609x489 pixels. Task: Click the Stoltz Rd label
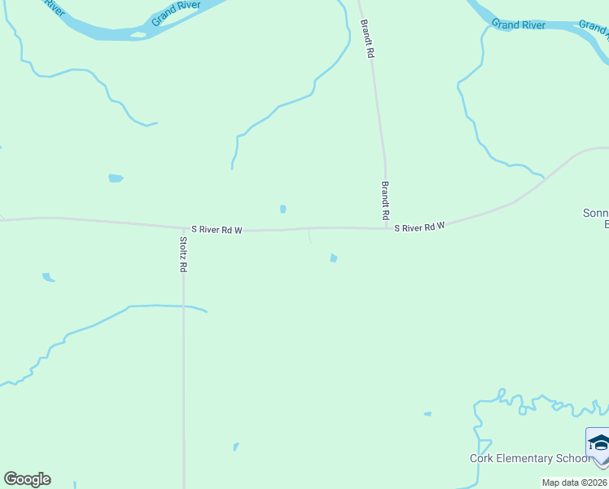pos(183,254)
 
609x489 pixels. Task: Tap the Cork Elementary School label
pos(529,458)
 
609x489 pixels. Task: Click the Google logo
pos(27,479)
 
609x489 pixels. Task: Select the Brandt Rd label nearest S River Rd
pos(385,201)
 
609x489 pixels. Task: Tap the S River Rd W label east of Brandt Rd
pos(420,226)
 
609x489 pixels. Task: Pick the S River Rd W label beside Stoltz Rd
pos(217,230)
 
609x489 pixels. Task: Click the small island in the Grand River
pos(138,34)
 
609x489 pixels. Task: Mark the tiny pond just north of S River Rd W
pos(283,209)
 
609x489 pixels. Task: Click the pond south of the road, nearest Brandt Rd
pos(333,258)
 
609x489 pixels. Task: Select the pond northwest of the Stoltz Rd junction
pos(116,178)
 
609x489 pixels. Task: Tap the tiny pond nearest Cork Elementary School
pos(427,414)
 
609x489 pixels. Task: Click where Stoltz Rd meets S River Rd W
pos(182,229)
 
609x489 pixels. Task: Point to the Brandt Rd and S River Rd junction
pos(386,228)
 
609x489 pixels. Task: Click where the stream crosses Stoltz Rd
pos(183,306)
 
